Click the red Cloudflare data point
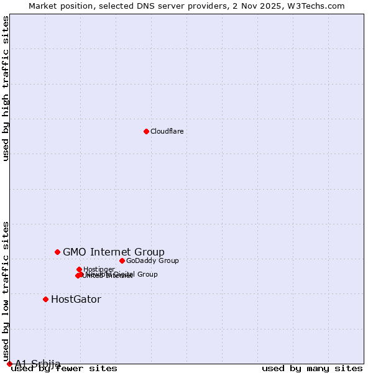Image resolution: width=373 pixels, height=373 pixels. point(146,131)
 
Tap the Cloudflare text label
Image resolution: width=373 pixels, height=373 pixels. point(167,131)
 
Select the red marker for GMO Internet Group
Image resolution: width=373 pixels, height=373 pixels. point(57,252)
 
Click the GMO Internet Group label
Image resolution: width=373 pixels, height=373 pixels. point(114,252)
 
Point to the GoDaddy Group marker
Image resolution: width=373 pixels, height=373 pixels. point(122,260)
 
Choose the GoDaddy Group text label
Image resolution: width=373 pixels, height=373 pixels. point(152,260)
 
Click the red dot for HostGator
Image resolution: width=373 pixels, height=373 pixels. point(45,299)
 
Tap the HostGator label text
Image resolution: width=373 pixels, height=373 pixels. point(76,299)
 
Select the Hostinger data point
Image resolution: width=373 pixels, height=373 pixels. point(79,269)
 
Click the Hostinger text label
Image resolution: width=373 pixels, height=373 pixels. point(99,269)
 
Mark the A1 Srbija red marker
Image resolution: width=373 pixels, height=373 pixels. point(9,364)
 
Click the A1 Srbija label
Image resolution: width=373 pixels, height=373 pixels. point(38,364)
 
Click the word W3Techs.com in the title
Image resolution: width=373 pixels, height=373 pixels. point(319,6)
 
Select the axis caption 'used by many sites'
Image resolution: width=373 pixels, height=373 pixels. point(312,368)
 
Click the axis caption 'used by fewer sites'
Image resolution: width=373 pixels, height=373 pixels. point(64,368)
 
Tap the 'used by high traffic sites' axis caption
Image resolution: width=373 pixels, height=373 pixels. point(6,88)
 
